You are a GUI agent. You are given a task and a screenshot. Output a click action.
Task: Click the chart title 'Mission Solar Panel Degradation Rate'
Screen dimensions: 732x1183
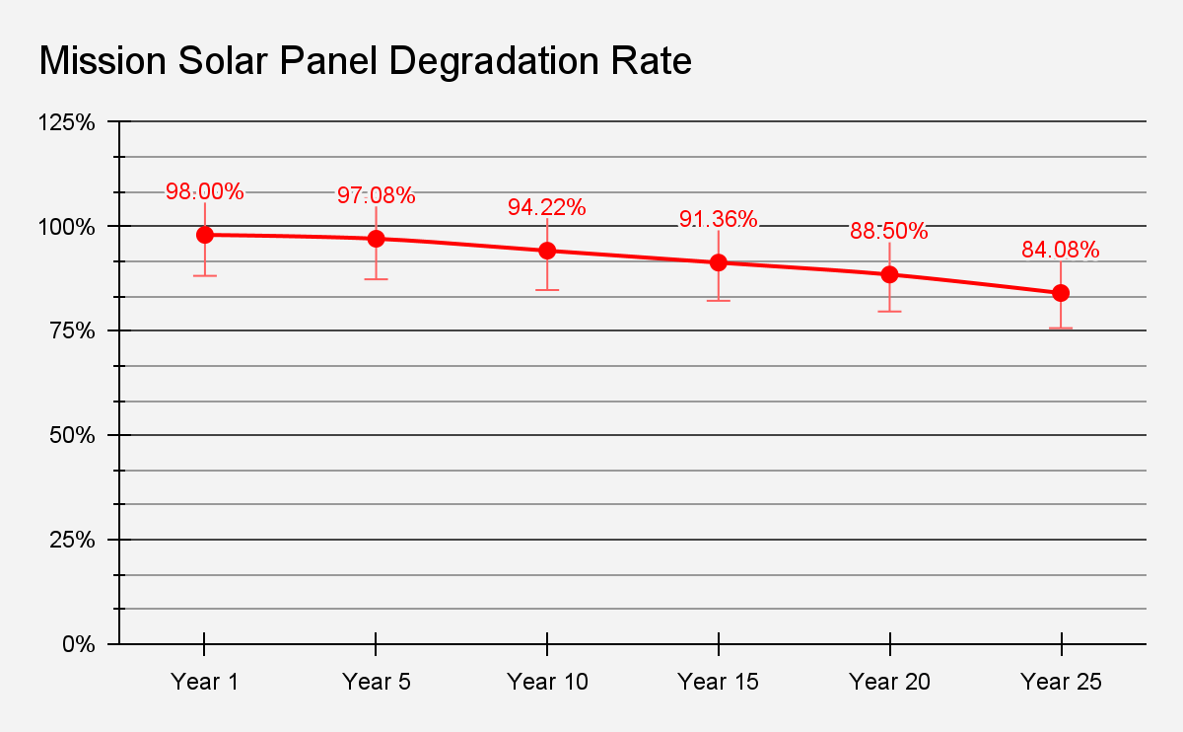(x=365, y=61)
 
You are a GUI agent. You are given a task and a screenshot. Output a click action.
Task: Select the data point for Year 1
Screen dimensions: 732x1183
(x=205, y=235)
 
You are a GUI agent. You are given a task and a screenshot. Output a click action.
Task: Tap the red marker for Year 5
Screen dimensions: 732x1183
(x=376, y=239)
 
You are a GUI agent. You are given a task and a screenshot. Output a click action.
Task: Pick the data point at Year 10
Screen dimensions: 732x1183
(x=547, y=251)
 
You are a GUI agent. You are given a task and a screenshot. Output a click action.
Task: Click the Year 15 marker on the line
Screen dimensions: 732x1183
(x=719, y=262)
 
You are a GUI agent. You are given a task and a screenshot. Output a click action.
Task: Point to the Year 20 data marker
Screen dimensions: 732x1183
(x=889, y=274)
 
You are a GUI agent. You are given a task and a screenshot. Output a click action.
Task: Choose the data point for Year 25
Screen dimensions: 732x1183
(x=1061, y=293)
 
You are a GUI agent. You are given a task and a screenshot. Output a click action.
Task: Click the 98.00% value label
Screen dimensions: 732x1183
(x=205, y=191)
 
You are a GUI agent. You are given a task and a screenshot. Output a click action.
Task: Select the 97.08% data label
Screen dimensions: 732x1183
(x=376, y=195)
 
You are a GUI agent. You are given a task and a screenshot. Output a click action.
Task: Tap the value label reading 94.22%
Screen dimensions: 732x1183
(x=547, y=207)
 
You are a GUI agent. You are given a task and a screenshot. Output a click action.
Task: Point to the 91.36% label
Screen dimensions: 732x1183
(x=719, y=219)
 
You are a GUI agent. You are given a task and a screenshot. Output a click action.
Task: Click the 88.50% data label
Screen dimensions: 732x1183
(x=889, y=231)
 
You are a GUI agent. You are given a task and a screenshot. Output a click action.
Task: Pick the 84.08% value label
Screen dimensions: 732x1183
(x=1061, y=250)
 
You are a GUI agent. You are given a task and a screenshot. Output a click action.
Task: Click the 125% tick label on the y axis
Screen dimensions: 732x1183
(x=66, y=122)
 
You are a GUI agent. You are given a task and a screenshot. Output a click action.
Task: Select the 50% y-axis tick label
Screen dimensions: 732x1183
(x=71, y=435)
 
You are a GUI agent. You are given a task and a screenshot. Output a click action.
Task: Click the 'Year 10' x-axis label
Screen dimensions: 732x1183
(x=547, y=682)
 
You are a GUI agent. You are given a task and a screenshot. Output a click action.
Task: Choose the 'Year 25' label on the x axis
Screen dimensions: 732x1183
(x=1061, y=682)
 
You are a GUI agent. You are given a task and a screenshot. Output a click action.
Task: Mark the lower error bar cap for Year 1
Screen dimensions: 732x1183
(x=205, y=275)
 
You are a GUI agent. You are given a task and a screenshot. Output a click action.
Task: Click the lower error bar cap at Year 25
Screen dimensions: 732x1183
(x=1061, y=328)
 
